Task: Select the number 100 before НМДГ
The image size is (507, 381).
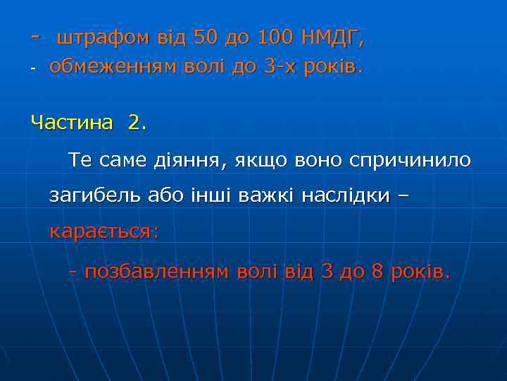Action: pyautogui.click(x=273, y=36)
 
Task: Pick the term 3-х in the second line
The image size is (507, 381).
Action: pyautogui.click(x=280, y=68)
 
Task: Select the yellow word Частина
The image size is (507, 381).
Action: pyautogui.click(x=71, y=123)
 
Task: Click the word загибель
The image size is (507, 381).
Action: pyautogui.click(x=95, y=196)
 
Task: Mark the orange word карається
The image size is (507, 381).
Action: pyautogui.click(x=103, y=231)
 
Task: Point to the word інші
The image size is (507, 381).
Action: pyautogui.click(x=213, y=195)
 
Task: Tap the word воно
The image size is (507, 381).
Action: pyautogui.click(x=315, y=160)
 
